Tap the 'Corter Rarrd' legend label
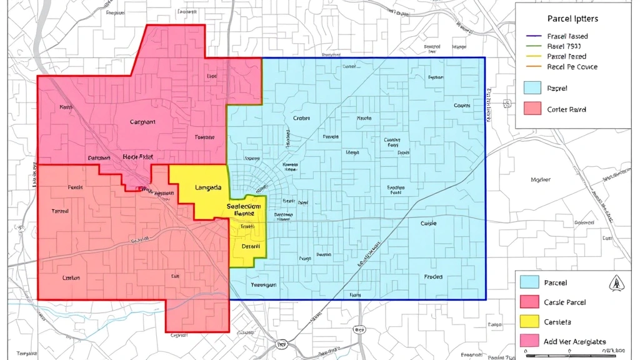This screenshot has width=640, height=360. pyautogui.click(x=566, y=109)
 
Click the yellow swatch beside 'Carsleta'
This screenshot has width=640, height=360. pyautogui.click(x=529, y=321)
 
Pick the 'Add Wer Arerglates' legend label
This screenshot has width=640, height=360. pyautogui.click(x=575, y=341)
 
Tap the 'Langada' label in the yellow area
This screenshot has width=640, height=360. pyautogui.click(x=208, y=187)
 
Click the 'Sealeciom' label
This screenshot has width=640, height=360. pyautogui.click(x=244, y=206)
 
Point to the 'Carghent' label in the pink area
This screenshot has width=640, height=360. pyautogui.click(x=142, y=122)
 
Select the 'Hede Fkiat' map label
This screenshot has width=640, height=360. pyautogui.click(x=137, y=157)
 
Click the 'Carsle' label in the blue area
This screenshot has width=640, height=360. pyautogui.click(x=428, y=223)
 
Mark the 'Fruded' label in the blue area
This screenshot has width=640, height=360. pyautogui.click(x=433, y=276)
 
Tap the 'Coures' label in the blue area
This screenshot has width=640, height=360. pyautogui.click(x=462, y=106)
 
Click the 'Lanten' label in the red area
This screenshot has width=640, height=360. pyautogui.click(x=71, y=277)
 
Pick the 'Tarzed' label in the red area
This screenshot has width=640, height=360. pyautogui.click(x=60, y=211)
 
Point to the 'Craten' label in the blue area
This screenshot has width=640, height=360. pyautogui.click(x=301, y=118)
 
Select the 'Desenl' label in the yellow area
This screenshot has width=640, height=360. pyautogui.click(x=250, y=246)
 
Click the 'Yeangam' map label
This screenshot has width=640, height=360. pyautogui.click(x=263, y=284)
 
